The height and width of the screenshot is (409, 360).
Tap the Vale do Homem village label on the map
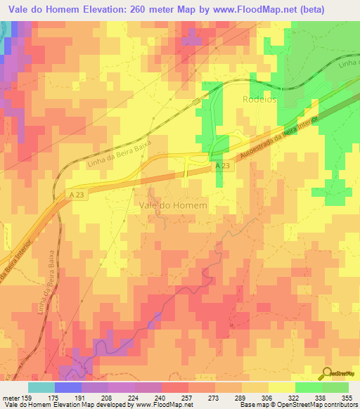click(x=173, y=204)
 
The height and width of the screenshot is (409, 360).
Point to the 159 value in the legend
click(x=30, y=397)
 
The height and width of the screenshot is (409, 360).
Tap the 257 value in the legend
click(x=188, y=397)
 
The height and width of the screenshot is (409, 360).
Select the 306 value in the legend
click(x=267, y=397)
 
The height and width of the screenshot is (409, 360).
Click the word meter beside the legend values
click(x=10, y=397)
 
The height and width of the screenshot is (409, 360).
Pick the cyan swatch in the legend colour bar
click(x=41, y=387)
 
